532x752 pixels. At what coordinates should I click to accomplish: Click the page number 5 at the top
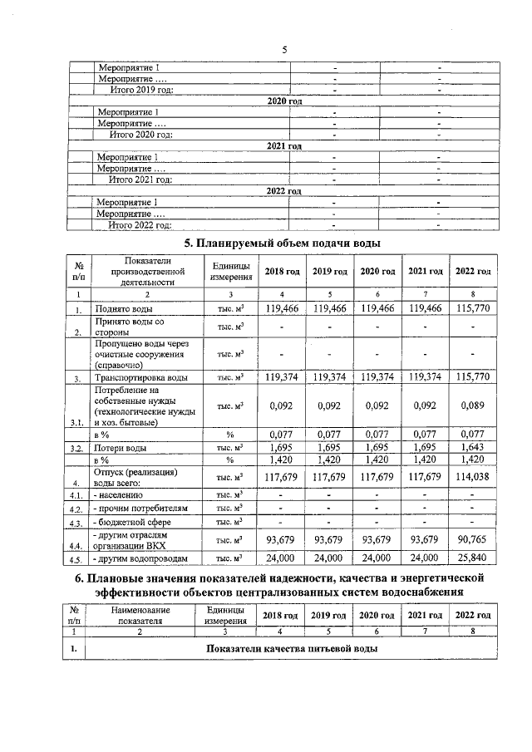(x=283, y=50)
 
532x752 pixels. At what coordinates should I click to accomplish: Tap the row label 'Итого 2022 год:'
(x=140, y=224)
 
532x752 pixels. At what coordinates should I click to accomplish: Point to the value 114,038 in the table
(x=472, y=477)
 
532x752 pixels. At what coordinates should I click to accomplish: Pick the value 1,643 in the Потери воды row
(x=472, y=447)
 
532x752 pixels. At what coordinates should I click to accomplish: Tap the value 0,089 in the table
(x=472, y=407)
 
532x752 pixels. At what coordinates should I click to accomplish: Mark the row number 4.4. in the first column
(x=76, y=546)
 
